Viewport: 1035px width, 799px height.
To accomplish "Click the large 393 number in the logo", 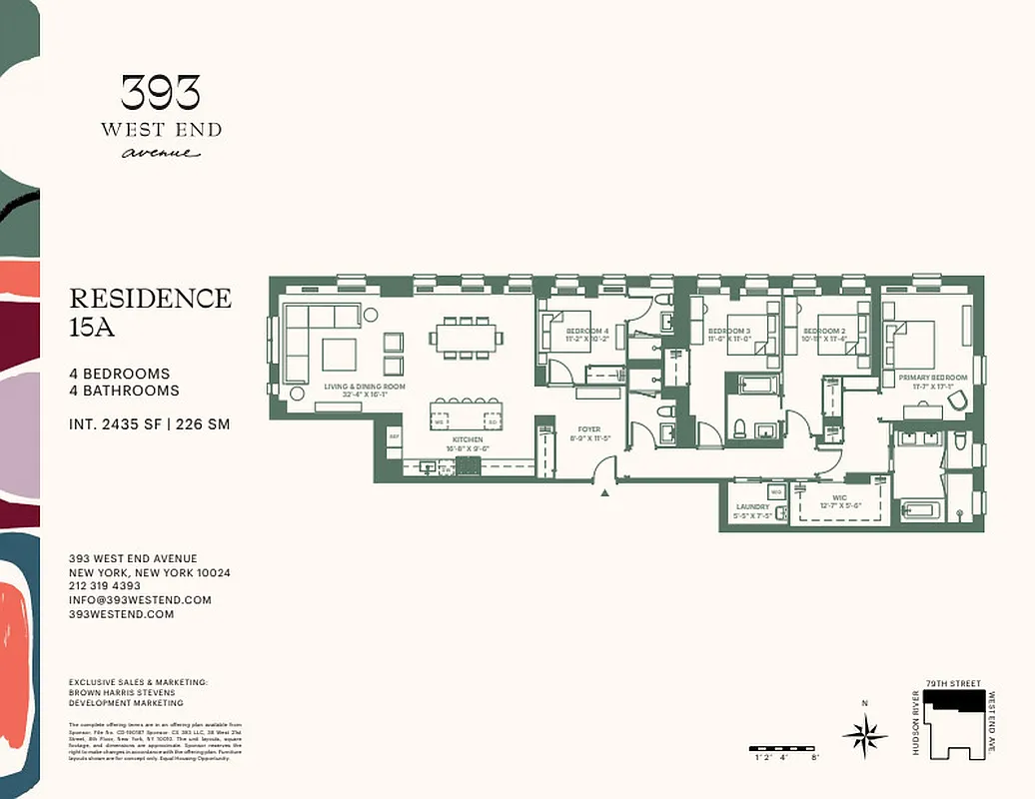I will [x=161, y=93].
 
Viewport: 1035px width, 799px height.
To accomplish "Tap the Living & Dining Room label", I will [x=364, y=387].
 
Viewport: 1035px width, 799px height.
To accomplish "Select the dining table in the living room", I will [x=469, y=338].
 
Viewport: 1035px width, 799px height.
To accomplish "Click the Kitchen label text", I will [x=468, y=439].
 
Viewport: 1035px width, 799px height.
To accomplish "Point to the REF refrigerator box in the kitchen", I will [x=394, y=436].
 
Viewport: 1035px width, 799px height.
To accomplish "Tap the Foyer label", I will [x=587, y=429].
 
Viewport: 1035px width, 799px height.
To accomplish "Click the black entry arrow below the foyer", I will [x=604, y=491].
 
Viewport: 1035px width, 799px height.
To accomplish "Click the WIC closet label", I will [x=839, y=497].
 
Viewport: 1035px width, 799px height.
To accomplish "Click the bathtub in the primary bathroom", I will [x=920, y=511].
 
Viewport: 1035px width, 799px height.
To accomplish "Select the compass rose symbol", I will [x=865, y=736].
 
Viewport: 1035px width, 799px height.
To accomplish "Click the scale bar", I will [x=785, y=748].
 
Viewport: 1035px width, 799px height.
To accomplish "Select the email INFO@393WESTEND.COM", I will [x=140, y=600].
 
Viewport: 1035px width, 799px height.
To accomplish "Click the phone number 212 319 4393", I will [x=105, y=586].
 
